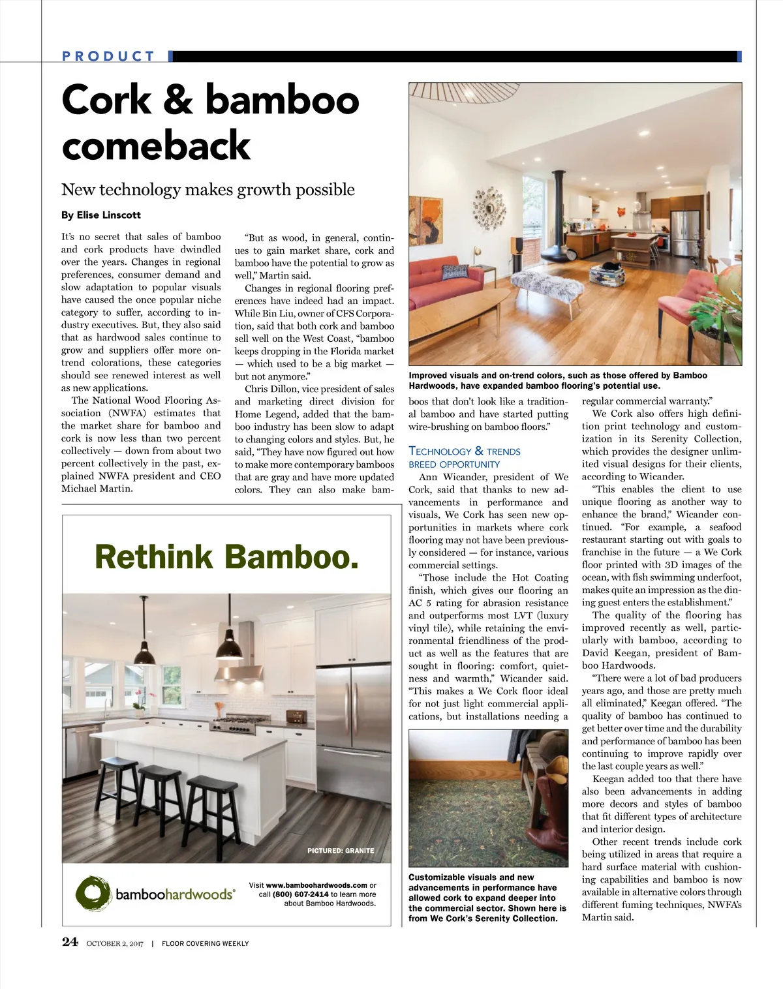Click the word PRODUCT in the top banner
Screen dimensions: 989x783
108,56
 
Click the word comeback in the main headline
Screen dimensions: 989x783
156,145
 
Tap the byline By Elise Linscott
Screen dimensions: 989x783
100,215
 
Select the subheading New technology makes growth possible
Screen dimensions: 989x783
208,190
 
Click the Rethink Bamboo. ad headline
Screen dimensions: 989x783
226,557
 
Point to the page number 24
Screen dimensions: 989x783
70,941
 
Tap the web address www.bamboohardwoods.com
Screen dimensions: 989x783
316,885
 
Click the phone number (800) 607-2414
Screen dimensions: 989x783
300,894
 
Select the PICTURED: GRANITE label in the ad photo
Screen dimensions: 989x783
341,851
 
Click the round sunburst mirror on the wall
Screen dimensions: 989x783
489,207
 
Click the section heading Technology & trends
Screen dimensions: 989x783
464,451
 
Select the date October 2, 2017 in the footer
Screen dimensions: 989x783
114,943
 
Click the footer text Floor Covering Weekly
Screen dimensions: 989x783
205,943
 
